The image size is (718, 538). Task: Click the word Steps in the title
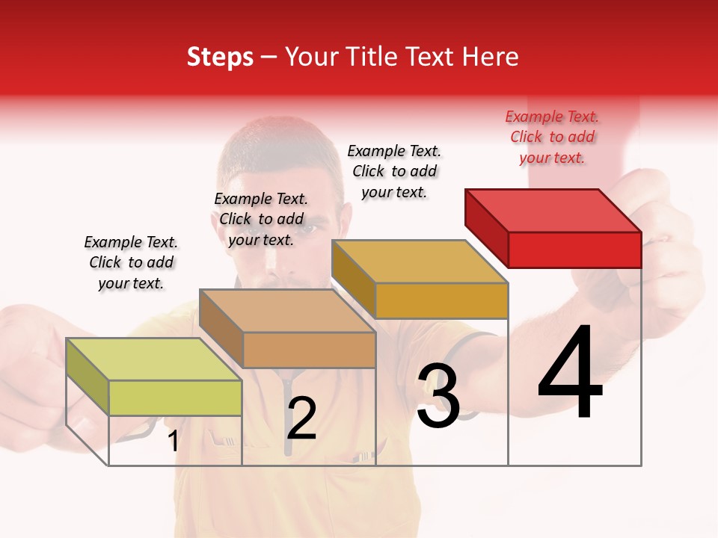220,57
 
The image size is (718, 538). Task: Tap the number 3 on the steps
438,396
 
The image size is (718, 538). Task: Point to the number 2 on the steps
301,418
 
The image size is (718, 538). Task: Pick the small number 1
174,441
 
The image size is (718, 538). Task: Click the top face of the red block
553,210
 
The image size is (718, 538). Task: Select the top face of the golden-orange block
420,262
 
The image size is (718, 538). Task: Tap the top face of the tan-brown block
287,311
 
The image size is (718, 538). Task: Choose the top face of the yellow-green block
153,359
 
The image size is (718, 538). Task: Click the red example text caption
552,137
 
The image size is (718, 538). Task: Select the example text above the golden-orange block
394,171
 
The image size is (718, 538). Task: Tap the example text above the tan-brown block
261,219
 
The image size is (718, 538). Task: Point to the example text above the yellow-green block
131,262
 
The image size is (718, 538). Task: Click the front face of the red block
574,250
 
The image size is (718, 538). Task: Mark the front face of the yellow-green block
175,398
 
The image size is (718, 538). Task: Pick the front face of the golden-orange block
441,300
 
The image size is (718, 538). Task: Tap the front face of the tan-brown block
309,350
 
